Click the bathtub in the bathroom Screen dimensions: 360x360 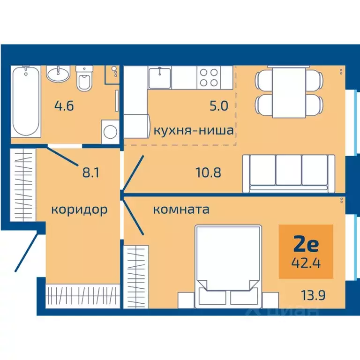pyautogui.click(x=27, y=100)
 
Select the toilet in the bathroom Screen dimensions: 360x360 pyautogui.click(x=84, y=80)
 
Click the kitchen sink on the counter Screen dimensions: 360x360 pyautogui.click(x=160, y=77)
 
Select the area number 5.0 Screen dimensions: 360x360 pyautogui.click(x=218, y=106)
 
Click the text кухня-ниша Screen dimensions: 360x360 pyautogui.click(x=193, y=130)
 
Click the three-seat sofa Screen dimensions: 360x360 pyautogui.click(x=288, y=173)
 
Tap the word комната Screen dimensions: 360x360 pyautogui.click(x=181, y=210)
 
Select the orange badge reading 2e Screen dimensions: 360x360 pyautogui.click(x=306, y=251)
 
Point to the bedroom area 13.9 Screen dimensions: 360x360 pyautogui.click(x=310, y=295)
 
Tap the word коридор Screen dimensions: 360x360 pyautogui.click(x=79, y=209)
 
